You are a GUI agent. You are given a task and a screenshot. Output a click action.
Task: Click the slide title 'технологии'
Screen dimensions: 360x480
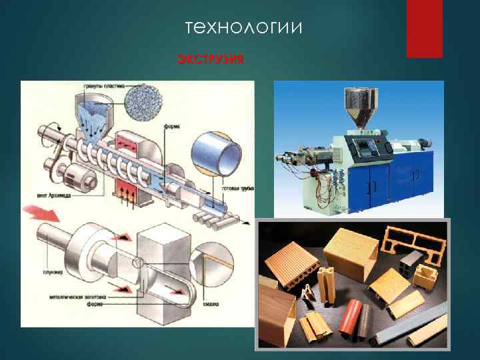pyautogui.click(x=243, y=28)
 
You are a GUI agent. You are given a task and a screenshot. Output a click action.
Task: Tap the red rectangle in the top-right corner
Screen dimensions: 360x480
pyautogui.click(x=424, y=28)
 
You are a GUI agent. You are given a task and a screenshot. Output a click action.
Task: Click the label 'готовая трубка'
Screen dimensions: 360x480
pyautogui.click(x=237, y=189)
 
